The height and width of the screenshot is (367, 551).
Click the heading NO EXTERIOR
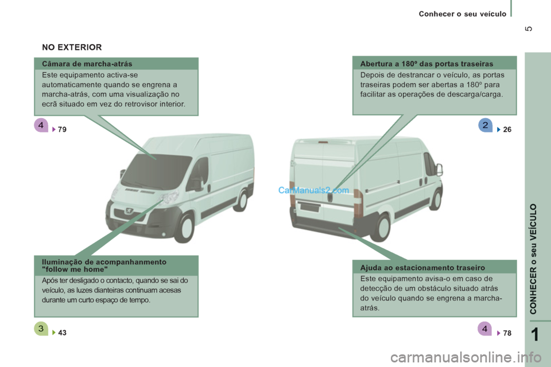coord(72,47)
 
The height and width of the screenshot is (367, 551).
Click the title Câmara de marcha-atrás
coord(87,64)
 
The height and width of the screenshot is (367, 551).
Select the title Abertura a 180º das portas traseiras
coord(426,64)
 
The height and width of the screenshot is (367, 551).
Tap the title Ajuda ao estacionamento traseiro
coord(422,268)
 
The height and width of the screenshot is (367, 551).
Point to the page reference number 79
coord(62,130)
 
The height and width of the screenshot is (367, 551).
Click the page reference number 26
coord(507,130)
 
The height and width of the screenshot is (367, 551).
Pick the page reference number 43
coord(62,333)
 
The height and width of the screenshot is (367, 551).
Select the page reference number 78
coord(507,333)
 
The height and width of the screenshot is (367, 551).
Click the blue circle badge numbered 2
coord(486,125)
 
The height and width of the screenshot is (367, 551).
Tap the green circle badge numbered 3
coord(41,329)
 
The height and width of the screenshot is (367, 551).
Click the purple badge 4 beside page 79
coord(41,125)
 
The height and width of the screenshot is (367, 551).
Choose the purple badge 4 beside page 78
coord(485,329)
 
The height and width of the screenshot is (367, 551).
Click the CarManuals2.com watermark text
coord(313,190)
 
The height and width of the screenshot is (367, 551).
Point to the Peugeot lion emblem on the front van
coord(129,210)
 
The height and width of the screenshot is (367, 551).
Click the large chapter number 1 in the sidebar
coord(534,334)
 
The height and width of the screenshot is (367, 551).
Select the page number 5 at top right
coord(529,29)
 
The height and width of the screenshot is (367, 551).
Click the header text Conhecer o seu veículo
coord(463,14)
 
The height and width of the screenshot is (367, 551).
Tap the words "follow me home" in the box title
coord(75,270)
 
